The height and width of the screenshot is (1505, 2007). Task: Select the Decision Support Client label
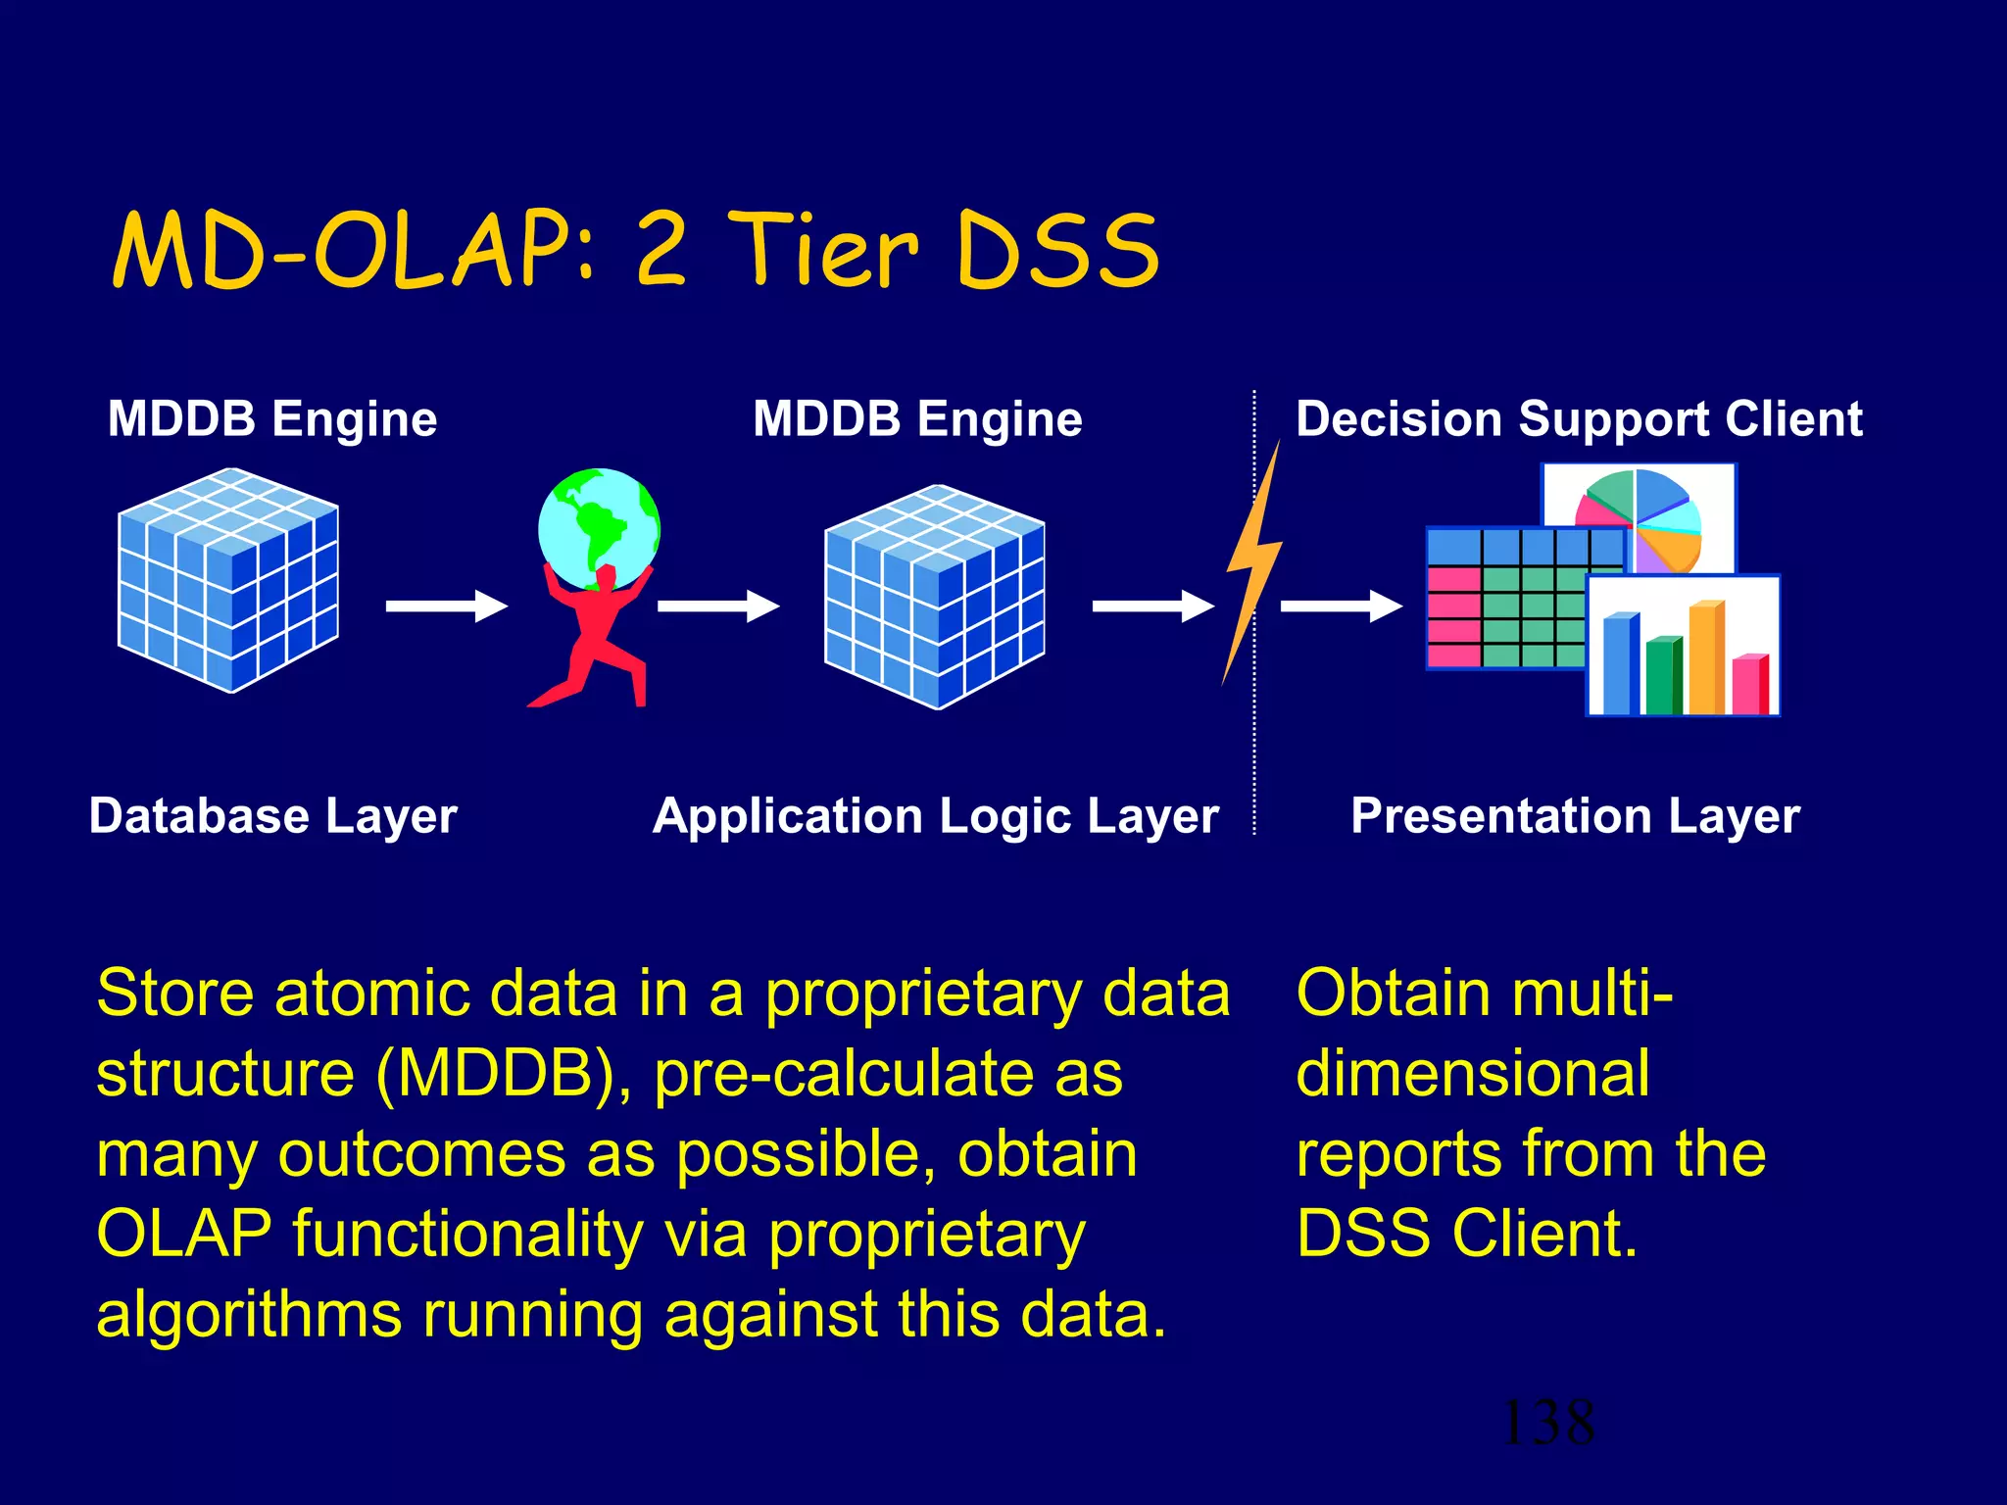(x=1578, y=419)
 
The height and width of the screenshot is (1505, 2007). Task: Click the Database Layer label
(x=273, y=816)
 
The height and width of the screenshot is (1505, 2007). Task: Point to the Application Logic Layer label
(x=936, y=816)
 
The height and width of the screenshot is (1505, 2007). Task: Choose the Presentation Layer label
(x=1575, y=816)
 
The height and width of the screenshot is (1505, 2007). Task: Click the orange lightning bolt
(x=1253, y=568)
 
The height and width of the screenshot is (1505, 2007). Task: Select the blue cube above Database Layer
(x=228, y=580)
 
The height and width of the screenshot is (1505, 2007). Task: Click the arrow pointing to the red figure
(x=446, y=607)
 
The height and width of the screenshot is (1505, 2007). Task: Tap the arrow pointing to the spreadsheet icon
(x=1341, y=607)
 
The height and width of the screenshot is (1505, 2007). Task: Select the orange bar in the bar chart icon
(x=1706, y=658)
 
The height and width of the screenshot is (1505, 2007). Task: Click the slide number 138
(x=1547, y=1423)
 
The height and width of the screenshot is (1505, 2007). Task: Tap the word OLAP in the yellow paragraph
(x=183, y=1235)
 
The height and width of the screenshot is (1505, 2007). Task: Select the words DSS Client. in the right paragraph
(x=1466, y=1235)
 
